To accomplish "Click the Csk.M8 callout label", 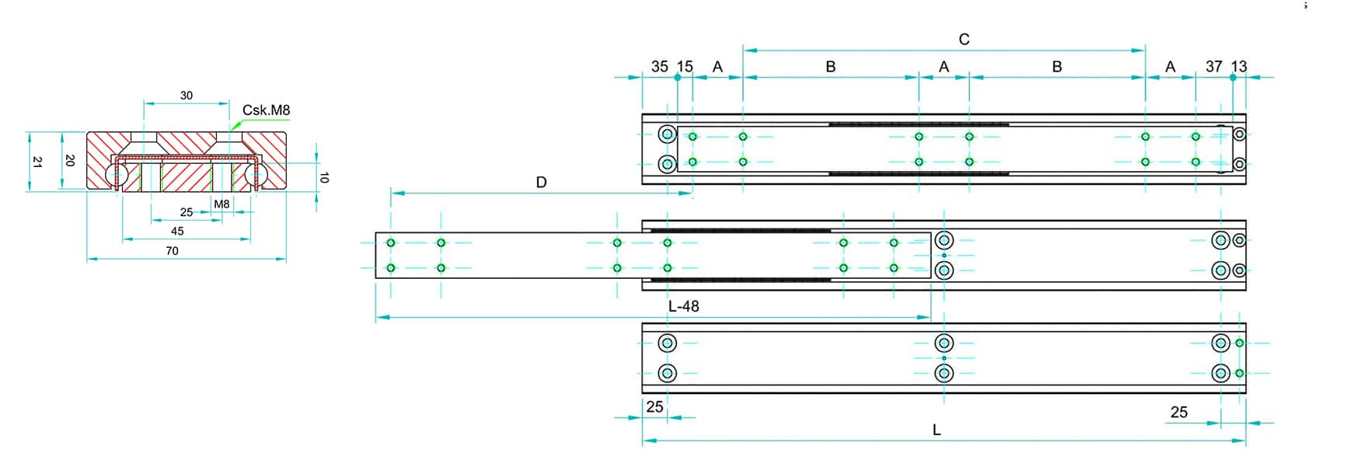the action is coord(266,110).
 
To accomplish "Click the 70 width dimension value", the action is coord(172,251).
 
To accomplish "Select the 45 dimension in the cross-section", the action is coord(177,231).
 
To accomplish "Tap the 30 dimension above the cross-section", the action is coord(187,96).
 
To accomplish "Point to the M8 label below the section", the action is coord(222,204).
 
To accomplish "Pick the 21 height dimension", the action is coord(37,162).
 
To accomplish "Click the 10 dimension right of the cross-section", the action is coord(324,178).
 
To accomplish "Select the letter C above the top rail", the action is coord(964,40).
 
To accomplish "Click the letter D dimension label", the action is coord(542,183).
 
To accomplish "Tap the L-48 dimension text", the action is coord(684,306).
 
